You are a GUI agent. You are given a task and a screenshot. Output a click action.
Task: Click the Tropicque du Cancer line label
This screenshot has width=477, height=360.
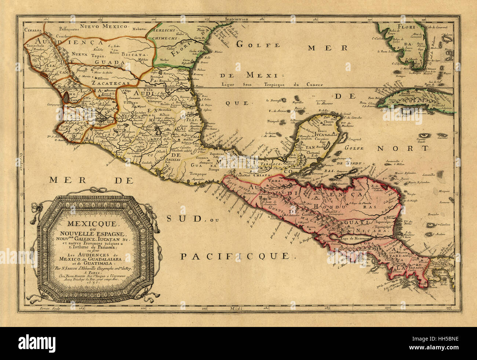(272, 84)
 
